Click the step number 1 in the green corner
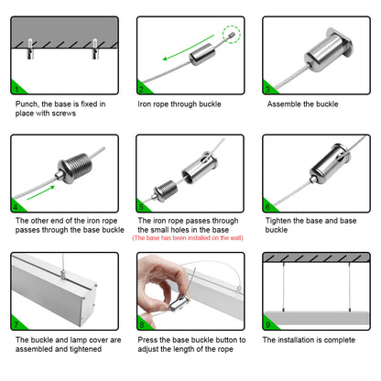tap(16, 89)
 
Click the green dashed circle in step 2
tap(231, 34)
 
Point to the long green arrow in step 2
tap(188, 48)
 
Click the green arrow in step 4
tap(41, 192)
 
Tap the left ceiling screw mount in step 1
tap(30, 49)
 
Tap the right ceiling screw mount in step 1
tap(95, 49)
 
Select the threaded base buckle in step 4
tap(74, 169)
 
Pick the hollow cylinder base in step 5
tap(200, 169)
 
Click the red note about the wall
tap(188, 238)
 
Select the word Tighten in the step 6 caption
tap(278, 221)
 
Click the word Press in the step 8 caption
tap(147, 340)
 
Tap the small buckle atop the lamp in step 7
tap(63, 275)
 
